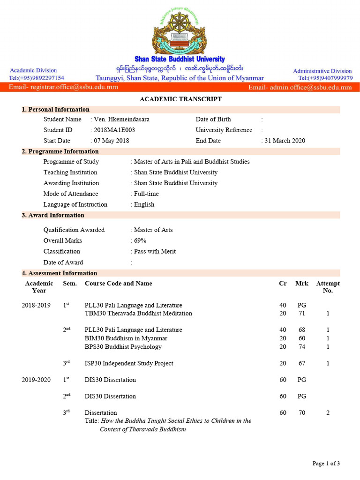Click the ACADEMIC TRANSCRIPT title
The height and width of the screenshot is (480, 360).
pyautogui.click(x=180, y=99)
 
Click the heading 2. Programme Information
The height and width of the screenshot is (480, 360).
pyautogui.click(x=60, y=151)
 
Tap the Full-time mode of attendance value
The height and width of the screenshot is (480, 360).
pyautogui.click(x=146, y=194)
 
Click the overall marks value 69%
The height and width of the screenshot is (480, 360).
pyautogui.click(x=140, y=240)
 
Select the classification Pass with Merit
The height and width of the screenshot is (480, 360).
pyautogui.click(x=155, y=251)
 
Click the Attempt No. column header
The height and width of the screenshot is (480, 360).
pyautogui.click(x=328, y=287)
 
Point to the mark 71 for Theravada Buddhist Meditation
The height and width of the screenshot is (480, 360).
pyautogui.click(x=302, y=313)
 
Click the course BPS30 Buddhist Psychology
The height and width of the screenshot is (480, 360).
pyautogui.click(x=123, y=347)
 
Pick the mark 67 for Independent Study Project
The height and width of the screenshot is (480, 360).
pyautogui.click(x=302, y=363)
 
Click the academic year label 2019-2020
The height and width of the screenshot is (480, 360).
pyautogui.click(x=36, y=380)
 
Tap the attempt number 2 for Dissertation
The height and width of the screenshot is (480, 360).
pyautogui.click(x=328, y=413)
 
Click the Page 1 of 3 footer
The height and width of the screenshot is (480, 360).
pyautogui.click(x=326, y=464)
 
